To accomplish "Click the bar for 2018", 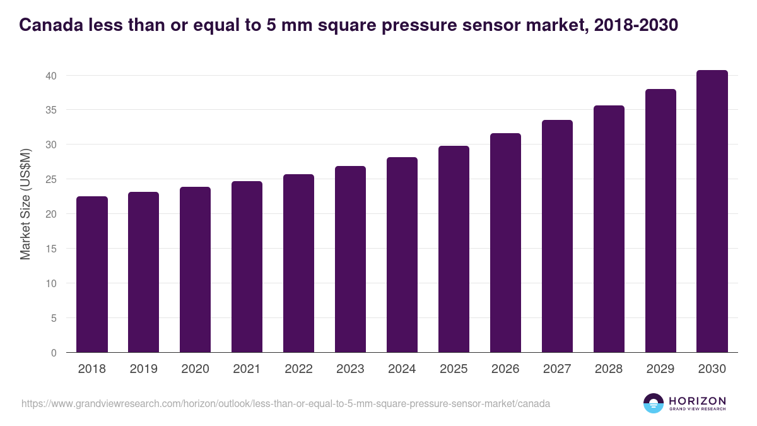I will (x=92, y=275).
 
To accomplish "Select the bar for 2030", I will (x=712, y=211).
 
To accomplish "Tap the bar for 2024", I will (x=402, y=255).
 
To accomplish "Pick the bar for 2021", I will (x=247, y=267).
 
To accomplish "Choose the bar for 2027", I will (x=557, y=236).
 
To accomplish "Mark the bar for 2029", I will (x=660, y=221).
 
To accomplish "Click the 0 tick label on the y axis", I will (x=54, y=353).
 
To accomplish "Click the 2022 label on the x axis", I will (x=298, y=369).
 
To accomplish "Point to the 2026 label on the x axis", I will (x=505, y=369).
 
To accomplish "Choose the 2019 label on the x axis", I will (x=143, y=369).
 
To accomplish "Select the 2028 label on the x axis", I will (x=609, y=369).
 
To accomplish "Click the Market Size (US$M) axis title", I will (x=26, y=204).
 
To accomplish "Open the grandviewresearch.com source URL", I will (x=286, y=403).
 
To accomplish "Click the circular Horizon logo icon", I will (x=654, y=403).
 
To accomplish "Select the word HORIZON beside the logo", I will (x=697, y=401).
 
